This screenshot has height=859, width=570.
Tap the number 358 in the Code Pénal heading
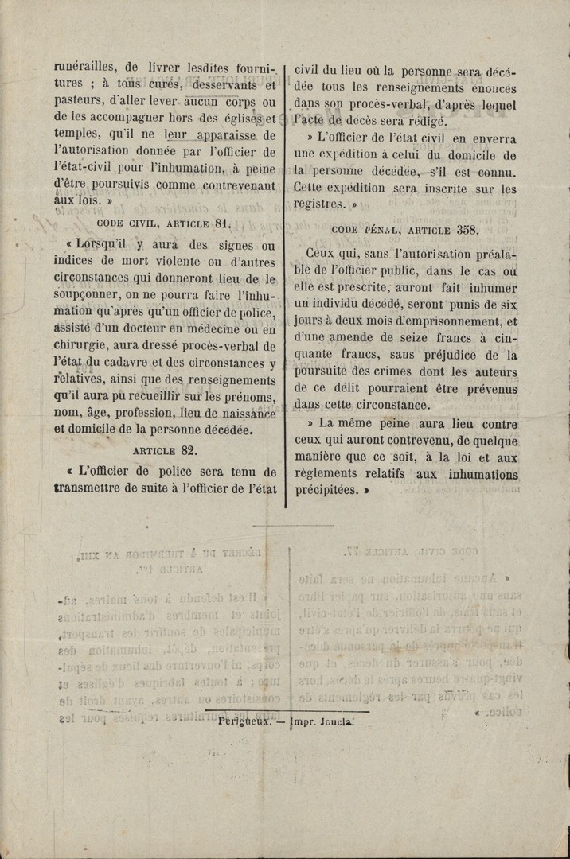pos(467,230)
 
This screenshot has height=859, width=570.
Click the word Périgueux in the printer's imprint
pos(244,724)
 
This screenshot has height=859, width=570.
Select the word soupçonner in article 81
pos(90,294)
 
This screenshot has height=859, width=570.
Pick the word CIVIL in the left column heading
pos(142,224)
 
